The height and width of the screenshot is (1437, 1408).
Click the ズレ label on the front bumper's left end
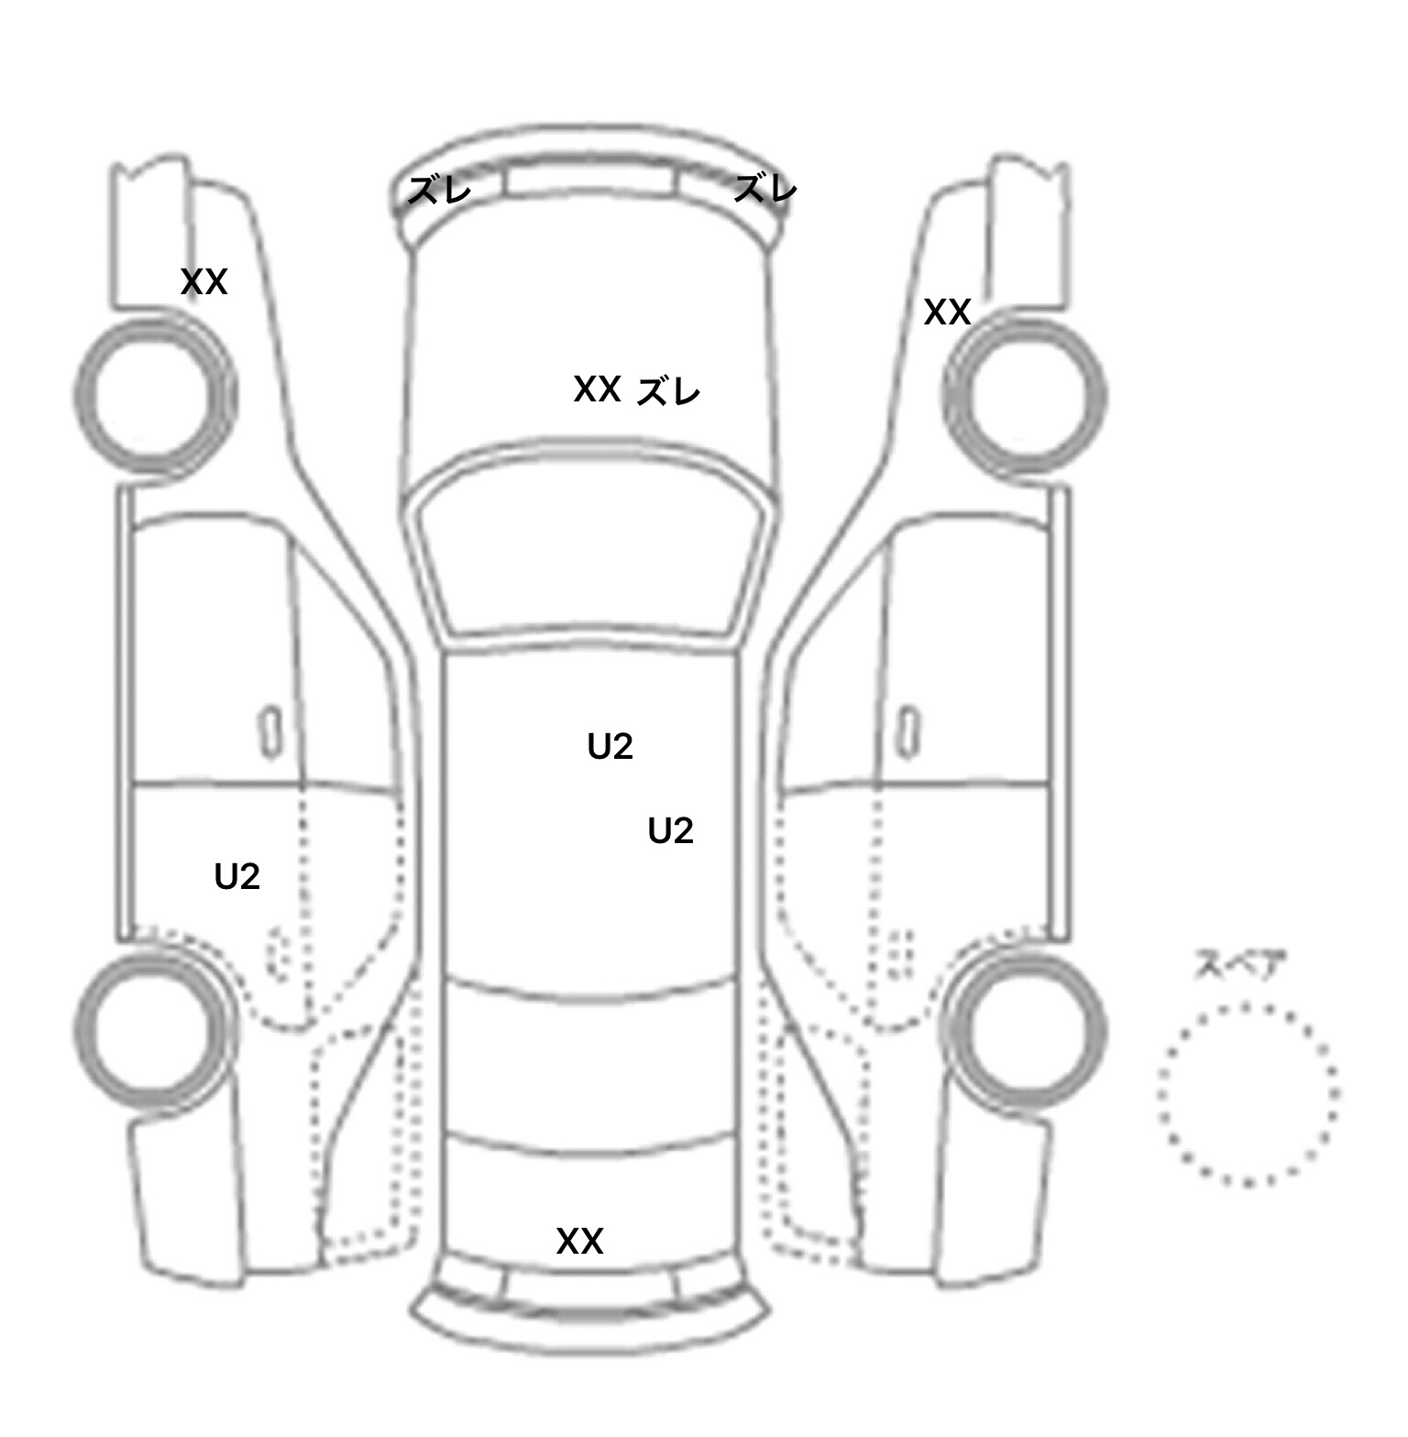pos(439,190)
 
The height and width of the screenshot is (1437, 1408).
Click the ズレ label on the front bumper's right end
pos(765,189)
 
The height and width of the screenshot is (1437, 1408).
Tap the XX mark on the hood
pos(598,389)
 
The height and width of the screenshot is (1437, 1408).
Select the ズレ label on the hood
pos(668,391)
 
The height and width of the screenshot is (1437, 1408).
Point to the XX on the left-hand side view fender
pos(203,282)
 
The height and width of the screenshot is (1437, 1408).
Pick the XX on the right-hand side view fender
pos(947,313)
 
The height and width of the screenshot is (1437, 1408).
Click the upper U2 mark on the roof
pos(610,747)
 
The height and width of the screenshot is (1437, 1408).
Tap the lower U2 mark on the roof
pos(670,830)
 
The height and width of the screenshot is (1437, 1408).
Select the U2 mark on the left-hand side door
pos(237,877)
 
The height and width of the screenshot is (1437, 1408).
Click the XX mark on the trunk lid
pos(579,1241)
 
